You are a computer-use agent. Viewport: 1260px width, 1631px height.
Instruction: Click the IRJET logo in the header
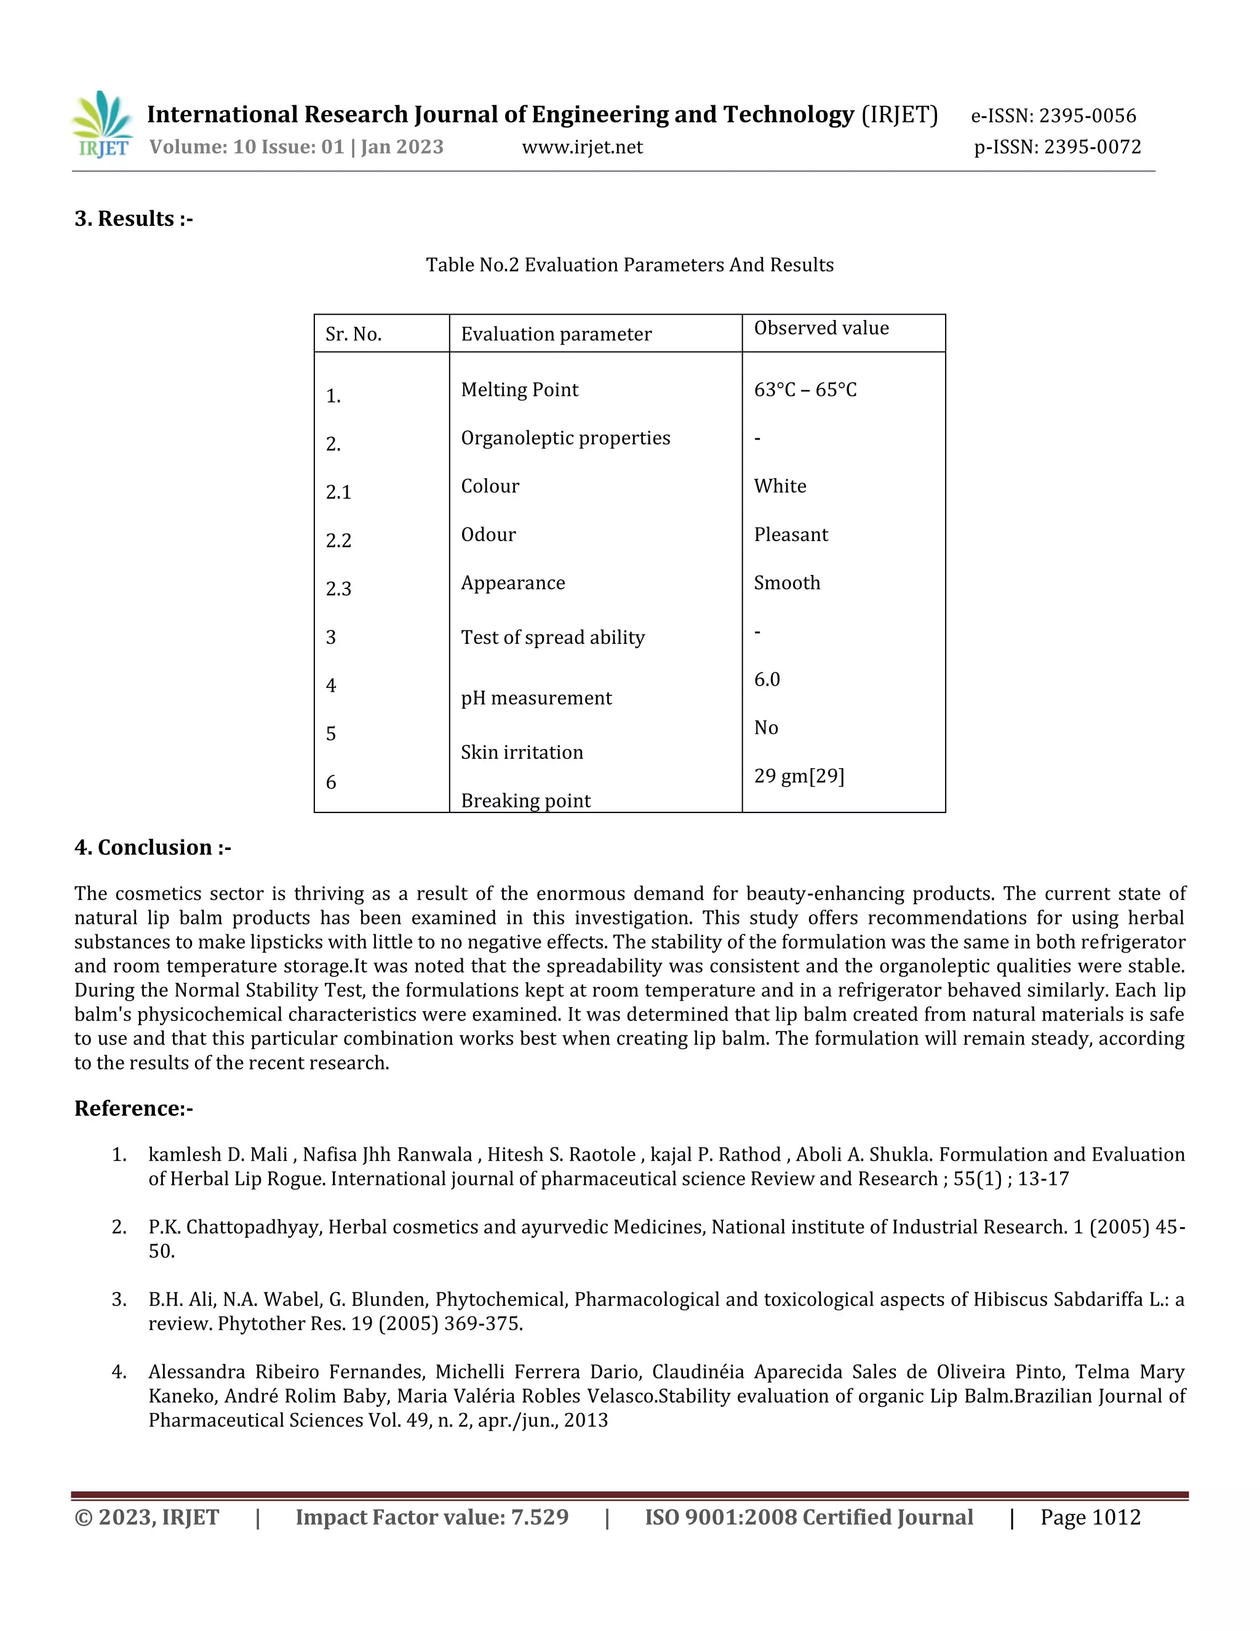(102, 125)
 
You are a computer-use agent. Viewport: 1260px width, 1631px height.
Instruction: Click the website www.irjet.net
(582, 147)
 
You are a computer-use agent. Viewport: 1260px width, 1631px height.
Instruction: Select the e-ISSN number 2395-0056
(1088, 116)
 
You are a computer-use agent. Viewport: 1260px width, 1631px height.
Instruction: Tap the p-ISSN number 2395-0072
(1092, 146)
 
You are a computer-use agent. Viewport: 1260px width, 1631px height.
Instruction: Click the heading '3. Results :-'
(134, 219)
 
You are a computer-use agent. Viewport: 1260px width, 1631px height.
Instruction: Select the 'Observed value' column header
(821, 328)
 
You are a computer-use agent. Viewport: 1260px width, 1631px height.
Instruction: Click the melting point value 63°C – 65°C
(805, 390)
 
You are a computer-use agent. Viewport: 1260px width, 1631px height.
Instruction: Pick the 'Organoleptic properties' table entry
(565, 438)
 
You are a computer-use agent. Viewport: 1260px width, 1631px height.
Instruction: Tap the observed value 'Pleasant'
(791, 535)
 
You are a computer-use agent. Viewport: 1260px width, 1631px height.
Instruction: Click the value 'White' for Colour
(780, 486)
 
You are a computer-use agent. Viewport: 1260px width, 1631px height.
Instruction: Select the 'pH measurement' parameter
(536, 699)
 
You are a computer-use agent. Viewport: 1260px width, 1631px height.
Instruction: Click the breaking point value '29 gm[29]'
(799, 776)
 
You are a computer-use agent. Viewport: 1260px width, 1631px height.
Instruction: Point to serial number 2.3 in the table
(338, 589)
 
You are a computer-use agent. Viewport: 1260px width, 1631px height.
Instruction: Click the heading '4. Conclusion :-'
(153, 848)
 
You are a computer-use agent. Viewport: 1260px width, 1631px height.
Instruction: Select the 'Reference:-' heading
(134, 1108)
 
